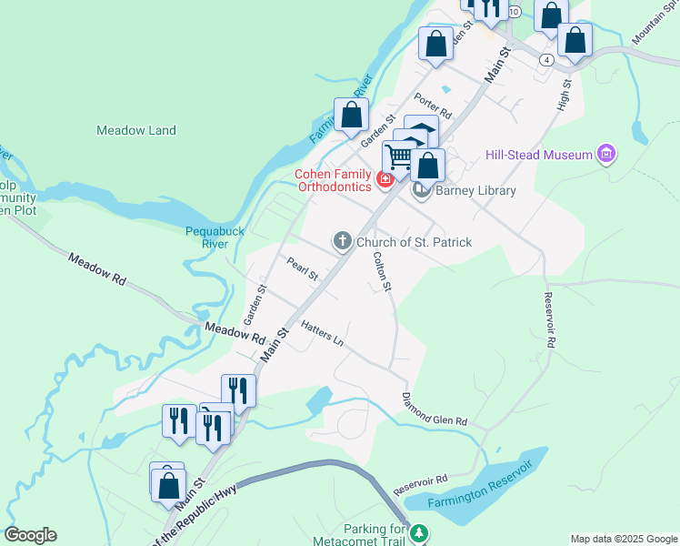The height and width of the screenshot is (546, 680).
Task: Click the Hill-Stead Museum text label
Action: coord(539,155)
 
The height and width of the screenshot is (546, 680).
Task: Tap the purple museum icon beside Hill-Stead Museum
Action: coord(606,155)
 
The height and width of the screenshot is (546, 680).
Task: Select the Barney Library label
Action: coord(475,190)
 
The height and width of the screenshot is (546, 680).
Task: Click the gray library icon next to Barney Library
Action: coord(421,190)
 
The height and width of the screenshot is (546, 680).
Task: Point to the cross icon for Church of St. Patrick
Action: coord(342,241)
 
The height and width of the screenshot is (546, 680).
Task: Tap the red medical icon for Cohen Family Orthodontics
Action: coord(385,179)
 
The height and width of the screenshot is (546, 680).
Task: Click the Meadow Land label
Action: coord(136,130)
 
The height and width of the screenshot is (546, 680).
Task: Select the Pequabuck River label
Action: coord(215,238)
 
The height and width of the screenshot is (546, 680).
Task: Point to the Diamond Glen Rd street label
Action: coord(434,410)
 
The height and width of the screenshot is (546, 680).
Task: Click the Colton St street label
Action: coord(381,272)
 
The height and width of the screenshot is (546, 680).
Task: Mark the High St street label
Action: coord(565,95)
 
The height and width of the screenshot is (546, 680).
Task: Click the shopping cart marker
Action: coord(398,158)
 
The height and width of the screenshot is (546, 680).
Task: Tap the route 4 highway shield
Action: coord(545,59)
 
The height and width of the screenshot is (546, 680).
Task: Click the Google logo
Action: coord(30,535)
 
